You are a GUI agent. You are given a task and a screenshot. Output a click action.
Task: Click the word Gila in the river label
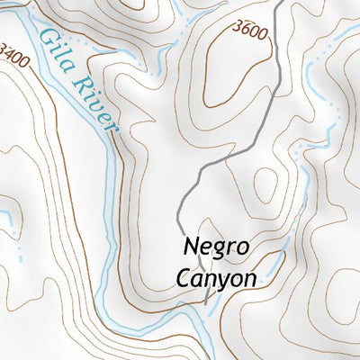pyautogui.click(x=57, y=50)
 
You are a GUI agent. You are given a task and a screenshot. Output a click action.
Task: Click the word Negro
pyautogui.click(x=216, y=247)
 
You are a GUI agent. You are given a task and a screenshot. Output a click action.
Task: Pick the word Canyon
pyautogui.click(x=215, y=277)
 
